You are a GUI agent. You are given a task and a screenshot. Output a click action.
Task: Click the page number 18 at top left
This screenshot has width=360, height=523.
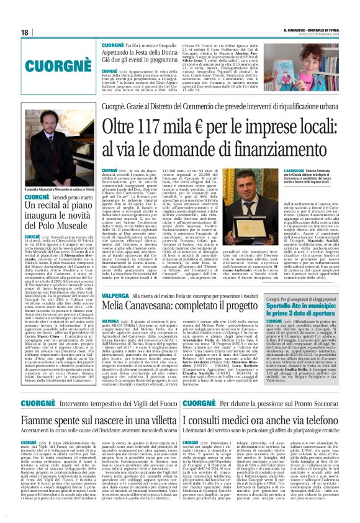point(24,32)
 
